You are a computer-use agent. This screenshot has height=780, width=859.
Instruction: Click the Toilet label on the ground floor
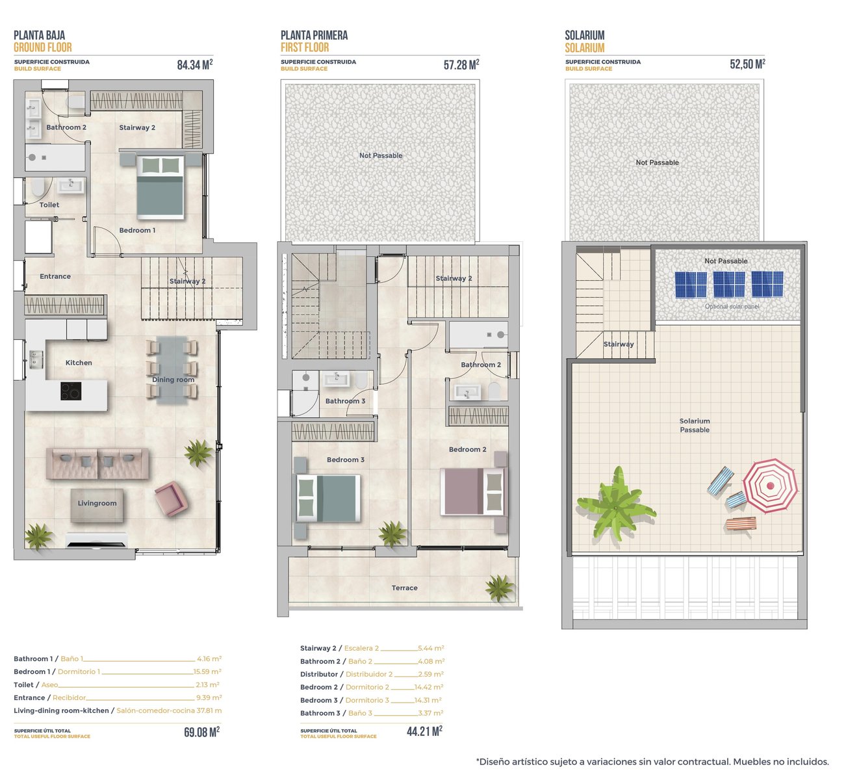(x=49, y=205)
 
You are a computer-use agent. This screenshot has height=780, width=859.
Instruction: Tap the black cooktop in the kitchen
(x=71, y=391)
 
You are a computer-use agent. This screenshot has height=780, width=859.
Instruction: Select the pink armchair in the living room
(x=172, y=499)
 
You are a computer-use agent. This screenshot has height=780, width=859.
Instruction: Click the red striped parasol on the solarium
(x=770, y=486)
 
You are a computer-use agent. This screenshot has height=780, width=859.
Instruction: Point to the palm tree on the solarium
(x=615, y=507)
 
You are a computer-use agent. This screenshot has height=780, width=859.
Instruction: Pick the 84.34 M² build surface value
(x=195, y=64)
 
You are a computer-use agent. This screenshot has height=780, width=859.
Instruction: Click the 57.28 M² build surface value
(x=461, y=64)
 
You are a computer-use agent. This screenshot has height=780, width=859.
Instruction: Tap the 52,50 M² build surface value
(x=747, y=64)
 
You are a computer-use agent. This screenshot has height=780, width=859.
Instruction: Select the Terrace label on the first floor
(x=404, y=588)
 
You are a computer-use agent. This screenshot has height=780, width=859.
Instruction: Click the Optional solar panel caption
(x=732, y=306)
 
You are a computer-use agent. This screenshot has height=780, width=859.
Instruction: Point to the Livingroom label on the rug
(x=97, y=503)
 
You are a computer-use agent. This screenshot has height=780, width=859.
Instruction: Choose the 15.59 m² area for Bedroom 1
(x=207, y=671)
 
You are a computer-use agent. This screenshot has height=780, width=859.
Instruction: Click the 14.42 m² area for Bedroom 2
(x=429, y=687)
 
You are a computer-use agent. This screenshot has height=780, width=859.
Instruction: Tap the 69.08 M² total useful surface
(x=201, y=732)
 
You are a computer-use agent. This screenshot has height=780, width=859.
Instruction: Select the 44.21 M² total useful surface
(x=424, y=731)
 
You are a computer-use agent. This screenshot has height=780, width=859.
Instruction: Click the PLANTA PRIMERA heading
(x=314, y=35)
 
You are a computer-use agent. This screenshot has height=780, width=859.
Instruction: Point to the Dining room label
(x=173, y=380)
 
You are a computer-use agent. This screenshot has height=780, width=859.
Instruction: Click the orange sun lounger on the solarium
(x=741, y=524)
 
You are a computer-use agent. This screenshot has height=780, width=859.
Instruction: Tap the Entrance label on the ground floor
(x=55, y=276)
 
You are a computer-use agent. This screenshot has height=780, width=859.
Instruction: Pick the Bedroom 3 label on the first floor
(x=346, y=460)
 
